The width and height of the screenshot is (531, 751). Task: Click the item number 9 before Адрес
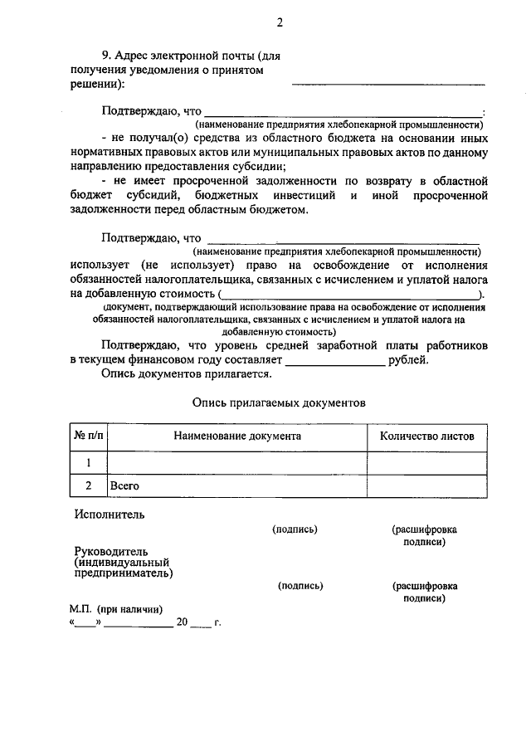coord(105,56)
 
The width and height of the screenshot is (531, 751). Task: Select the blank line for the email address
coord(388,83)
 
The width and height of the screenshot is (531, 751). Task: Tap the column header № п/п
coord(88,436)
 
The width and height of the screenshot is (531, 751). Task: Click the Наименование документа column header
coord(237,436)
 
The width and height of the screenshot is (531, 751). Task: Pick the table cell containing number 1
coord(88,462)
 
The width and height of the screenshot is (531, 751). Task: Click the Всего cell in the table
coord(124,485)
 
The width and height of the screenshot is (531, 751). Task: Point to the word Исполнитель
coord(109,514)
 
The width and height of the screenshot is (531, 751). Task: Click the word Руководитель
coord(110,551)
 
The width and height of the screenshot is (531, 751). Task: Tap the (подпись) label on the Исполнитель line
coord(295,529)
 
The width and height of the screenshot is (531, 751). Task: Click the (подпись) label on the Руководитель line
coord(300,585)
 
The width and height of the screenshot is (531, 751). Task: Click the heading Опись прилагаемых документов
coord(278,401)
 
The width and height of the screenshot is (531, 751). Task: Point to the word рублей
coord(409,360)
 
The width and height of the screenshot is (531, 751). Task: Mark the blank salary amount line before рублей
coord(335,363)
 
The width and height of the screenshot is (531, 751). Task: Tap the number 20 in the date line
coord(183,622)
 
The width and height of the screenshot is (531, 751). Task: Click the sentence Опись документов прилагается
coord(187,374)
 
